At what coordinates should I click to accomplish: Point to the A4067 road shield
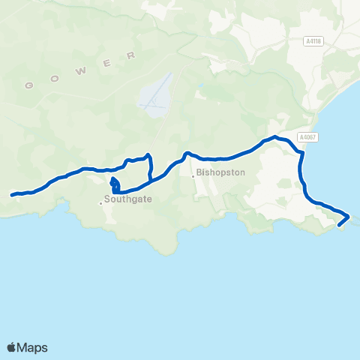tap(307, 137)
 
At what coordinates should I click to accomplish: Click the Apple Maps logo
tap(28, 347)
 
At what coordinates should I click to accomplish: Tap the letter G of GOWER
tap(29, 85)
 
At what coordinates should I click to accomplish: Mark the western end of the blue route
tap(12, 195)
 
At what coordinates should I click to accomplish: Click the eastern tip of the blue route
tap(349, 216)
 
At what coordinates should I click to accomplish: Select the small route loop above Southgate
tap(114, 183)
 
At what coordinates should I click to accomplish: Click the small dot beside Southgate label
tap(100, 202)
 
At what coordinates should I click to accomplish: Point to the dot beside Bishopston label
tap(194, 177)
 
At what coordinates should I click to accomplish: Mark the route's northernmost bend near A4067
tap(276, 137)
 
